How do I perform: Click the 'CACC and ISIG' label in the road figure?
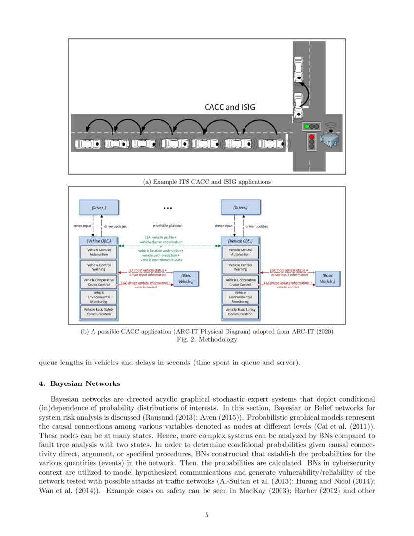(x=229, y=107)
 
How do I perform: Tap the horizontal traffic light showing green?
(x=311, y=126)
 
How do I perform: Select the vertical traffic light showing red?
(x=311, y=142)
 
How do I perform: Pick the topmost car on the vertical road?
(x=298, y=69)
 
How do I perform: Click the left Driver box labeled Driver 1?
(x=99, y=207)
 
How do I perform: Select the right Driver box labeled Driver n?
(x=241, y=207)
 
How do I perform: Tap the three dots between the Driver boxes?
(x=168, y=208)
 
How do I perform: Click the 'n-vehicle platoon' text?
(x=168, y=226)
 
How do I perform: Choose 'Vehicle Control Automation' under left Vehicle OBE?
(x=99, y=252)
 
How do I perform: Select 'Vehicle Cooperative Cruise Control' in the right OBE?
(x=241, y=282)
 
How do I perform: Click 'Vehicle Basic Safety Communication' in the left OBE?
(x=99, y=312)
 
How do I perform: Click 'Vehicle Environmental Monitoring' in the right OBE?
(x=241, y=297)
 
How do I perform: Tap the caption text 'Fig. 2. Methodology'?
(x=207, y=340)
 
